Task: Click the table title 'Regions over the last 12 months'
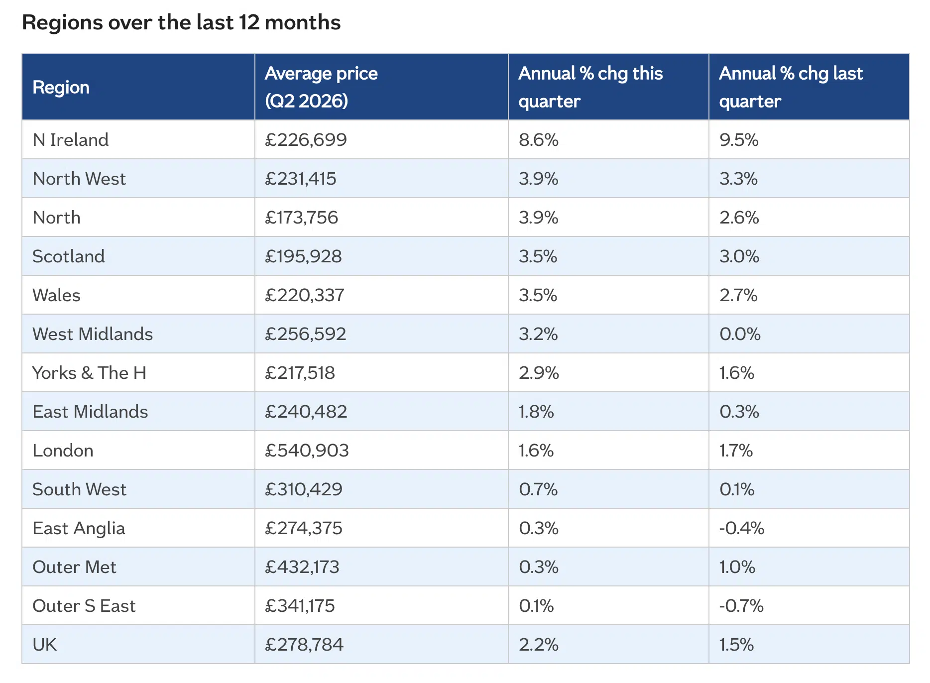181,22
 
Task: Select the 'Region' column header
61,87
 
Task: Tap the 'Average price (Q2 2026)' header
321,87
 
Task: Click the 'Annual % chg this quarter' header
590,87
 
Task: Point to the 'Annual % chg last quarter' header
791,87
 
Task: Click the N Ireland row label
71,140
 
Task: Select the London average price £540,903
307,451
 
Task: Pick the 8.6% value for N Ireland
539,140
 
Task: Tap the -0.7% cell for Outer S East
741,606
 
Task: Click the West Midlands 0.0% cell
740,334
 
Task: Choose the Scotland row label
69,256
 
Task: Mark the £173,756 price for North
301,218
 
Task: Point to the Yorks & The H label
90,373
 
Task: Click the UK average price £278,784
304,645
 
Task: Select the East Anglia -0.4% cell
742,528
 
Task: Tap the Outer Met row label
74,567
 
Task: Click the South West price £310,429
304,489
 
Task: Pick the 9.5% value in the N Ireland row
739,140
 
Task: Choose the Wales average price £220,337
305,295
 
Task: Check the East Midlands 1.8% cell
536,412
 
